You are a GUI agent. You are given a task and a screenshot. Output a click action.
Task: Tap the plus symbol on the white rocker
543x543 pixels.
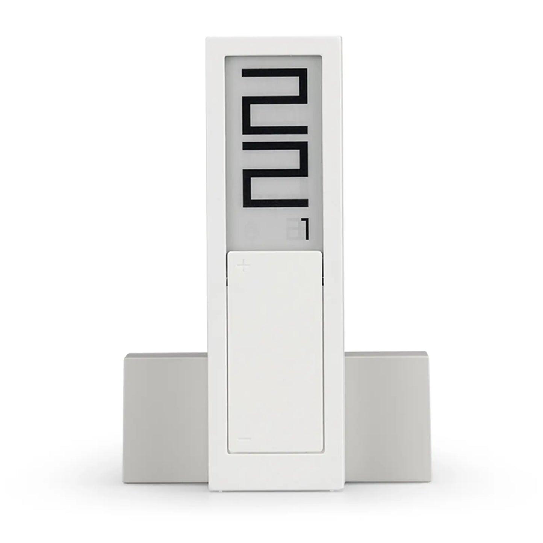(x=244, y=266)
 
